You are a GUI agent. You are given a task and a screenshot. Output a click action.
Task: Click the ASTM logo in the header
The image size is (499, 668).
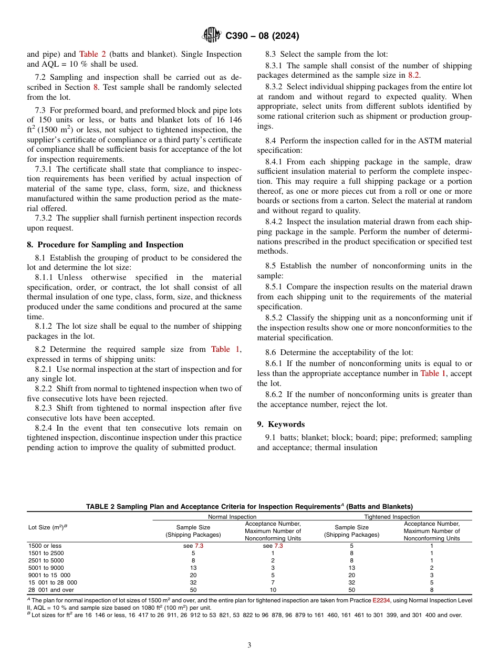[212, 36]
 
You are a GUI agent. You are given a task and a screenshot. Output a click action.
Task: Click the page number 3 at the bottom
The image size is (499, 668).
[250, 645]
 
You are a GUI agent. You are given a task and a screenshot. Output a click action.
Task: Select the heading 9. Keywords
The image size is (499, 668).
[280, 424]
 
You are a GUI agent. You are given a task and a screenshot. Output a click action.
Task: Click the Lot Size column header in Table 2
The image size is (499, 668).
[48, 526]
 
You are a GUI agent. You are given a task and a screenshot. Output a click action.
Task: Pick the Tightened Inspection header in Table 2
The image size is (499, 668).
[392, 517]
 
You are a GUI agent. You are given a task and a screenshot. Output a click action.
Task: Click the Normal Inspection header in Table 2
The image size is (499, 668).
[233, 517]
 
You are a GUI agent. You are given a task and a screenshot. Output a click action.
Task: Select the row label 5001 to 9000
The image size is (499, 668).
[46, 568]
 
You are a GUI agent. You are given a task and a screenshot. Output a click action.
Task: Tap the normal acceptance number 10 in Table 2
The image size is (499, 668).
[273, 590]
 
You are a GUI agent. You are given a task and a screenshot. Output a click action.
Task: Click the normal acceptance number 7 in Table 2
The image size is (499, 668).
[273, 582]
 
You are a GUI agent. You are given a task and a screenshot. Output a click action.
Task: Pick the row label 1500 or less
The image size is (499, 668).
[45, 546]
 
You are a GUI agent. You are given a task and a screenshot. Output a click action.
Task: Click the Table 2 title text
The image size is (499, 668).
[250, 507]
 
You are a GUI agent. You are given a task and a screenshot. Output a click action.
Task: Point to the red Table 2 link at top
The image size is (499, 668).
[92, 54]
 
